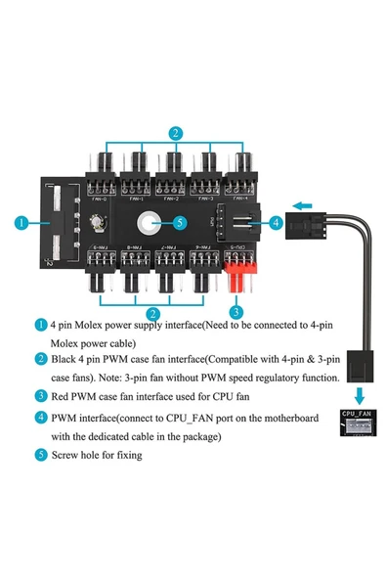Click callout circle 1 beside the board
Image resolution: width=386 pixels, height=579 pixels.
tap(21, 223)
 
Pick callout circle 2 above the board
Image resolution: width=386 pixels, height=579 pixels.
tap(173, 133)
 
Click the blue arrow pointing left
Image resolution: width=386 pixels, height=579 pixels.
tap(304, 205)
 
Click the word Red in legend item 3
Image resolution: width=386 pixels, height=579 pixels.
tap(61, 396)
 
